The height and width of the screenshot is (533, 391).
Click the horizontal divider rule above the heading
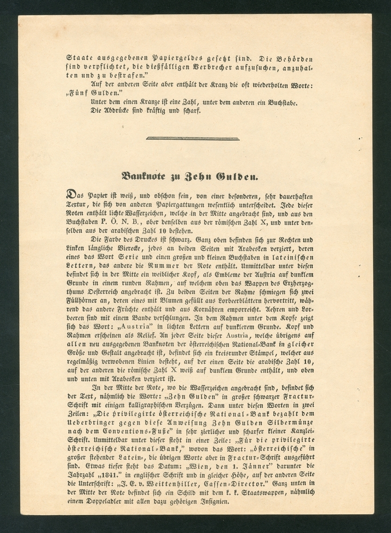(193, 139)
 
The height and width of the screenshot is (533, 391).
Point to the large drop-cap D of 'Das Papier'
(71, 195)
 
